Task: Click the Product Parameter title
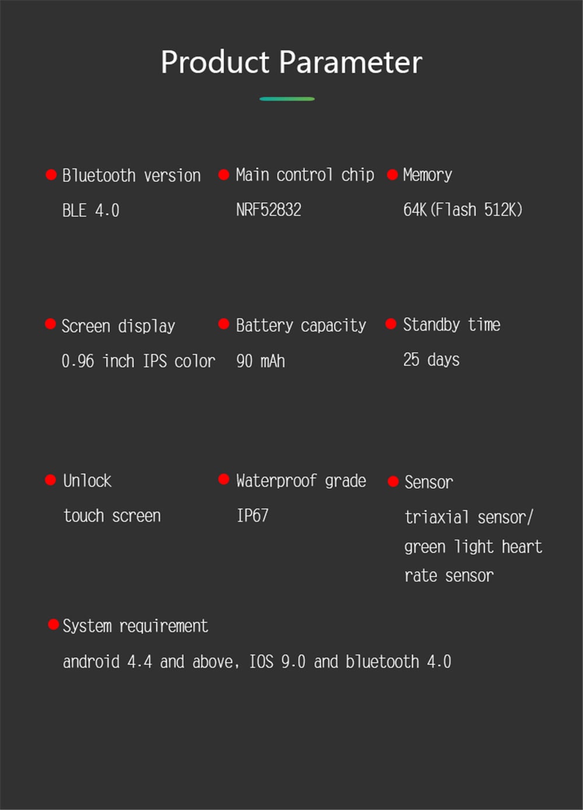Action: click(291, 62)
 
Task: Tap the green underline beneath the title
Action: click(287, 98)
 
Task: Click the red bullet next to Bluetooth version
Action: click(51, 175)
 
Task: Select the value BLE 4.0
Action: click(91, 210)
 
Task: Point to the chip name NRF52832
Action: click(269, 210)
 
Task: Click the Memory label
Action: click(427, 175)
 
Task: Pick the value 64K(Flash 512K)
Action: click(463, 210)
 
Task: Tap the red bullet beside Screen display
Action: click(50, 324)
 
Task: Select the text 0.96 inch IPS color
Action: click(139, 361)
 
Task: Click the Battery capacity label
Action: click(301, 325)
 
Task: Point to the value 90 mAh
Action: click(261, 361)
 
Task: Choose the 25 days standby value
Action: click(431, 360)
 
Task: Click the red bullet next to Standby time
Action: click(391, 324)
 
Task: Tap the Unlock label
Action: click(87, 481)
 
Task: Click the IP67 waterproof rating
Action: click(252, 515)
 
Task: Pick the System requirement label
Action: click(136, 626)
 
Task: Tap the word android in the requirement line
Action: click(91, 662)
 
